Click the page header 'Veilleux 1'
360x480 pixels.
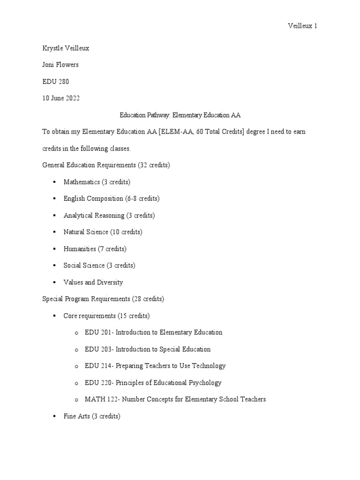[302, 26]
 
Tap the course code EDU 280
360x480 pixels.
[55, 82]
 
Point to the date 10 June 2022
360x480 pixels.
[61, 98]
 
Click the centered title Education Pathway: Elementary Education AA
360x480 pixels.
[180, 115]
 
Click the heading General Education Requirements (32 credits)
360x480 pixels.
[106, 165]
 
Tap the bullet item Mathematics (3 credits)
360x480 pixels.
[97, 182]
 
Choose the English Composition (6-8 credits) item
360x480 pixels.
[112, 198]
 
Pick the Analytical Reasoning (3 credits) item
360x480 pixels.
[109, 215]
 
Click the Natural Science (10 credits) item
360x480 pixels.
[103, 232]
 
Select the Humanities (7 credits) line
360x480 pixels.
[95, 249]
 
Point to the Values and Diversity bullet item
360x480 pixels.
[93, 282]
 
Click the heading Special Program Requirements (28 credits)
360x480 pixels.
[103, 299]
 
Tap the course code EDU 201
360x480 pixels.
[97, 332]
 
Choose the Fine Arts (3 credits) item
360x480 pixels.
[92, 416]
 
